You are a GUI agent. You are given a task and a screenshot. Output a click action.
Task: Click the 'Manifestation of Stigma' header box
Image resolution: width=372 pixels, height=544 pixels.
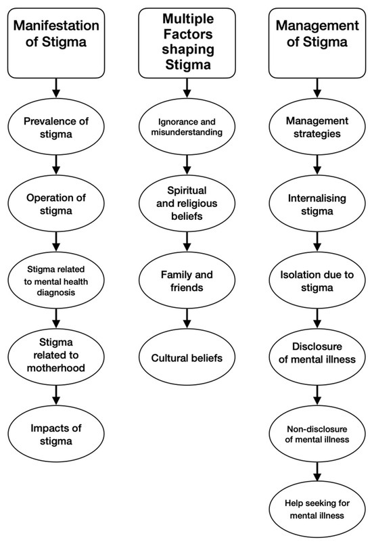pyautogui.click(x=56, y=43)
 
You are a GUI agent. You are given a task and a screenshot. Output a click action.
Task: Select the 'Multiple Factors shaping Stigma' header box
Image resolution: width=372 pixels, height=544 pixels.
pyautogui.click(x=187, y=43)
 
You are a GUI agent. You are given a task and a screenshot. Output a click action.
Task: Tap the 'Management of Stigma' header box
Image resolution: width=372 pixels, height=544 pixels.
pyautogui.click(x=317, y=43)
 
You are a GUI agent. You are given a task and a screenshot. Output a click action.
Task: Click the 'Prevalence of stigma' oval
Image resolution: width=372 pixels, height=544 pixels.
pyautogui.click(x=56, y=127)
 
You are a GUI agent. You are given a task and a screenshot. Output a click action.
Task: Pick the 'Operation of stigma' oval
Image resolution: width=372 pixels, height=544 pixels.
pyautogui.click(x=56, y=204)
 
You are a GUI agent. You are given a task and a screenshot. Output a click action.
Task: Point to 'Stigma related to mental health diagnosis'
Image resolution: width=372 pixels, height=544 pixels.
pyautogui.click(x=56, y=280)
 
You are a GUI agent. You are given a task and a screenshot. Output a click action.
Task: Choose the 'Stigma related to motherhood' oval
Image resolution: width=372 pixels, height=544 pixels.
pyautogui.click(x=56, y=357)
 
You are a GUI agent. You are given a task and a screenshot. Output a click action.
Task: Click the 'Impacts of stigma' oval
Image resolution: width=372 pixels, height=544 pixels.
pyautogui.click(x=56, y=434)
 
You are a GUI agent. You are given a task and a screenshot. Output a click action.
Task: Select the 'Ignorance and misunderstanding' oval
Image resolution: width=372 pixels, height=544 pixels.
pyautogui.click(x=187, y=127)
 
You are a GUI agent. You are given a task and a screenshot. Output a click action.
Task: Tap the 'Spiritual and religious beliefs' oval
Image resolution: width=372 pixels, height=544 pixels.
pyautogui.click(x=187, y=204)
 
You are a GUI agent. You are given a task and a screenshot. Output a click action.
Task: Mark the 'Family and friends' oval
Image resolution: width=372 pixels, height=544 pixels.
pyautogui.click(x=187, y=280)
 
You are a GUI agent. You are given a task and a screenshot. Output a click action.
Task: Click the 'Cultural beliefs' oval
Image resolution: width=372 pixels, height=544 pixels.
pyautogui.click(x=187, y=357)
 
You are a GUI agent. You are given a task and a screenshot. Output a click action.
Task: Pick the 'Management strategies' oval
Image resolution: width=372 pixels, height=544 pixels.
pyautogui.click(x=317, y=127)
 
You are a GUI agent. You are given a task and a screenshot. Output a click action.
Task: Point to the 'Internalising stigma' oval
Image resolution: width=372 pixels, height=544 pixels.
pyautogui.click(x=317, y=204)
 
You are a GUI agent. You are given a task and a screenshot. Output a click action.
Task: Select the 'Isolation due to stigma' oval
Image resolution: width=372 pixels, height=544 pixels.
pyautogui.click(x=317, y=280)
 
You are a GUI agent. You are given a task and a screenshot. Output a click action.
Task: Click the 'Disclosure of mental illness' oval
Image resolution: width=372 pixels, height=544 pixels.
pyautogui.click(x=317, y=357)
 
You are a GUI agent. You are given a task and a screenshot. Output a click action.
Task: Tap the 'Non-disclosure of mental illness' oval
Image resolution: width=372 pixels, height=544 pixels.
pyautogui.click(x=317, y=434)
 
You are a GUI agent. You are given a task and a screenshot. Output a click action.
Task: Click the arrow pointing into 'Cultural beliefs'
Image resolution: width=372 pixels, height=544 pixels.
pyautogui.click(x=187, y=319)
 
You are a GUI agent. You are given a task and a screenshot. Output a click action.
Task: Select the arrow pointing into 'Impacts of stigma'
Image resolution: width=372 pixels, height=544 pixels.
pyautogui.click(x=56, y=395)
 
